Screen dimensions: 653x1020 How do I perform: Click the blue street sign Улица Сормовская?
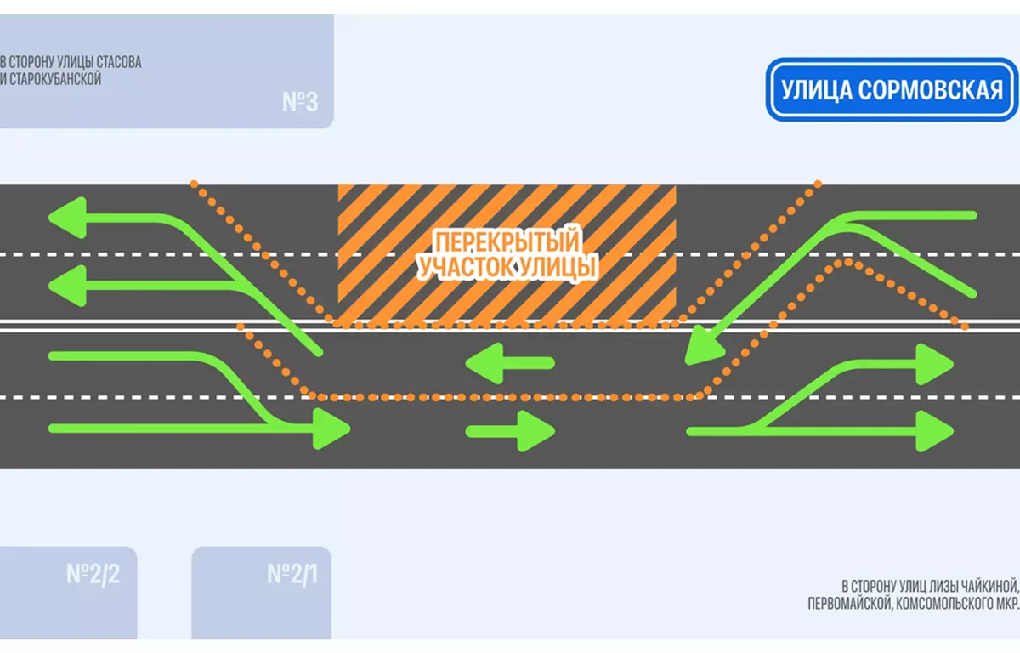(891, 89)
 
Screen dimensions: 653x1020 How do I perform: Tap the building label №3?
(300, 103)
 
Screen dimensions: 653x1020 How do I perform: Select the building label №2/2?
(93, 574)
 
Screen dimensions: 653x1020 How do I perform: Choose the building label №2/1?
(292, 574)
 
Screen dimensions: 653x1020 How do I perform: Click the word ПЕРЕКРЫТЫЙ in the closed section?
(507, 241)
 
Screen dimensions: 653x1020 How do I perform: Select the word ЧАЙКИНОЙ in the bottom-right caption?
(986, 586)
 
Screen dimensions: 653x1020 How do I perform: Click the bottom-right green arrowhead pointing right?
(936, 431)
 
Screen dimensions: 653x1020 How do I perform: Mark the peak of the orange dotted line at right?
(846, 261)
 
